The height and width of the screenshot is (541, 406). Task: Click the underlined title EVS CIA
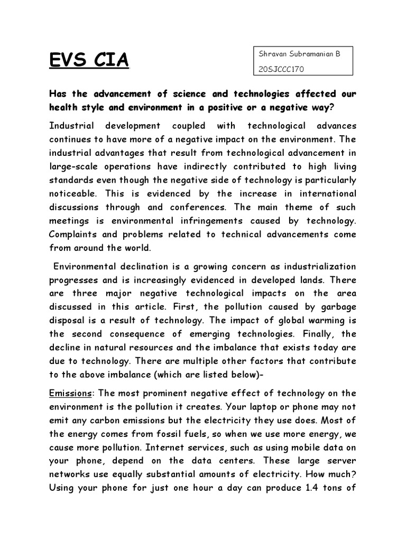89,61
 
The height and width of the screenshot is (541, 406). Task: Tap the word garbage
335,307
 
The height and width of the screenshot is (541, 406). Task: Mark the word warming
325,321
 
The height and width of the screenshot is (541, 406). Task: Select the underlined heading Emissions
70,394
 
